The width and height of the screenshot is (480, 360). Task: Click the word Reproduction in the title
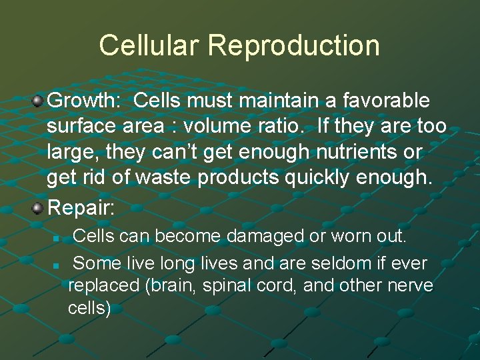[294, 45]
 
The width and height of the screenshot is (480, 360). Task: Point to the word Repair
[81, 207]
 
